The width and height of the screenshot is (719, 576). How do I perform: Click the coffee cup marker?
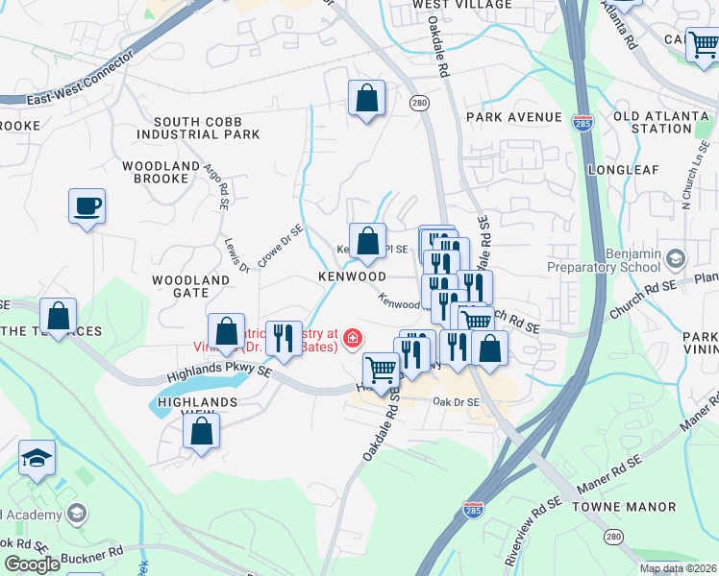point(87,206)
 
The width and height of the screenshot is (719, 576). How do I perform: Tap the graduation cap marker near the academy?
point(37,458)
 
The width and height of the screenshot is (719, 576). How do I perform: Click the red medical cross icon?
point(352,338)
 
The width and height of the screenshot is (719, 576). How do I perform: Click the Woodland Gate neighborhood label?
point(191,288)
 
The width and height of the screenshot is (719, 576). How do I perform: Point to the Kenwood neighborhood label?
point(353,276)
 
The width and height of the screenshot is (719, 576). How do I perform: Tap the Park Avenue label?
point(513,117)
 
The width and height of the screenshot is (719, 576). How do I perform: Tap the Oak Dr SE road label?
point(456,402)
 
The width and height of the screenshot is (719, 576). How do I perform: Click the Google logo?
point(32,564)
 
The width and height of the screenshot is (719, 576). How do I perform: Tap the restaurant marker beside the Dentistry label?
point(284,338)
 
